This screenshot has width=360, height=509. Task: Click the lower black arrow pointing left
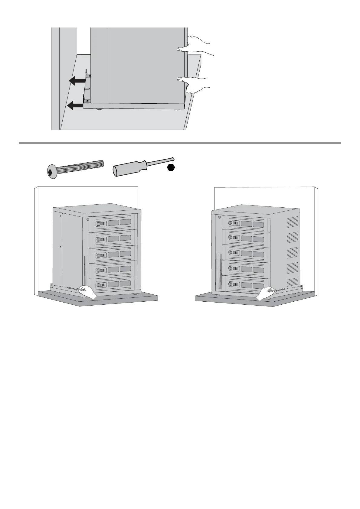(x=75, y=105)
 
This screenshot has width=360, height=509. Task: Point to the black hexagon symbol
(x=171, y=167)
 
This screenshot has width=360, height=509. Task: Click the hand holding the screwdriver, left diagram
(x=86, y=291)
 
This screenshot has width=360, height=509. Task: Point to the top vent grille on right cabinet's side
(x=292, y=222)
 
